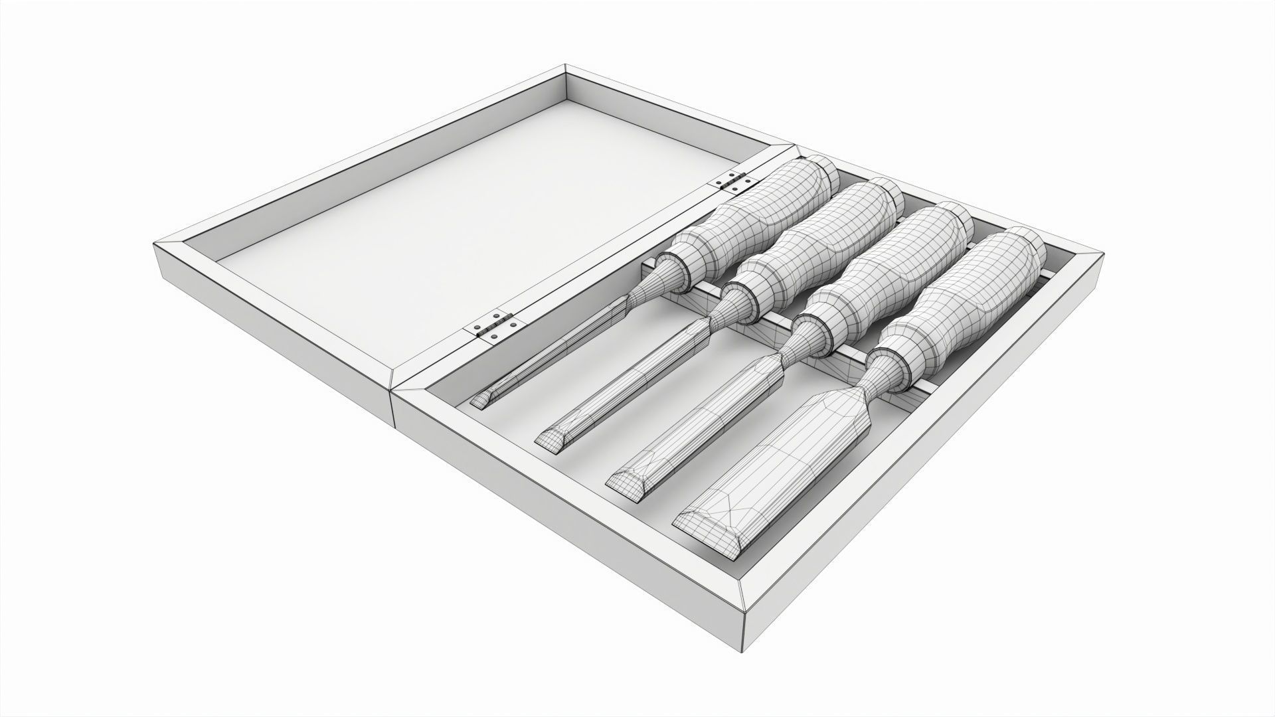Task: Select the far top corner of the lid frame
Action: (565, 66)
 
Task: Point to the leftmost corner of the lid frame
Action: (155, 244)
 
